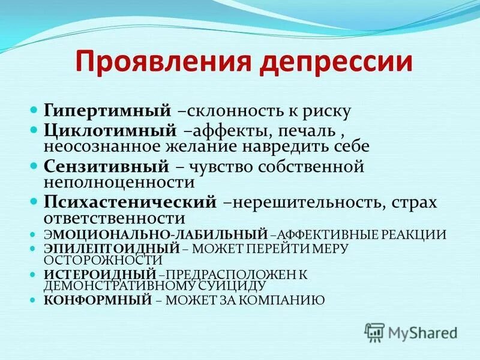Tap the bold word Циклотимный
tap(109, 130)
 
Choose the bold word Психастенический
tap(130, 202)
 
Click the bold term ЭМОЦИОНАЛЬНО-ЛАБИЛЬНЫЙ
tap(155, 235)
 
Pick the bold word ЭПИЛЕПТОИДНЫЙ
tap(112, 247)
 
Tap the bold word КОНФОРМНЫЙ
tap(98, 299)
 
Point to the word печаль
tap(299, 130)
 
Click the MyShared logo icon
tap(374, 332)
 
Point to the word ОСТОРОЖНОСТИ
tap(103, 260)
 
